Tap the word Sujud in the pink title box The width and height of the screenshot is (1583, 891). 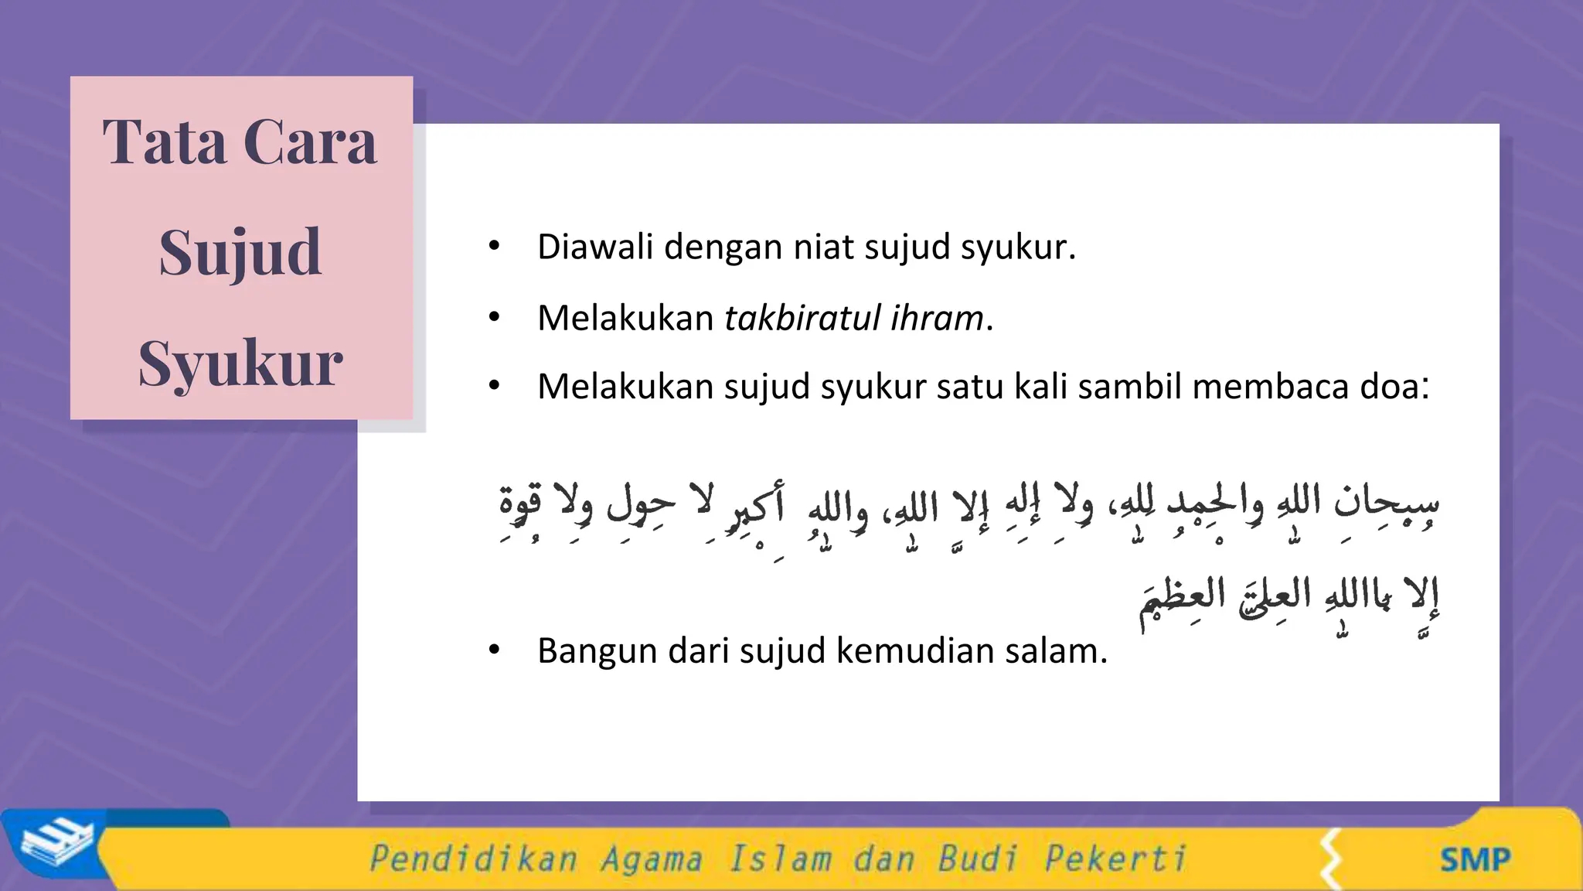coord(240,254)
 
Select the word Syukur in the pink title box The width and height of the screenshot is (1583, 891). coord(240,364)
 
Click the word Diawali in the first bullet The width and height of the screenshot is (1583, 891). coord(595,247)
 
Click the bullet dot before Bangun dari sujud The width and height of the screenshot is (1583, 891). coord(495,650)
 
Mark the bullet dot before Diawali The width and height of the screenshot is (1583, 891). coord(495,247)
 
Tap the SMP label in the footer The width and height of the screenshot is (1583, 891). coord(1475,859)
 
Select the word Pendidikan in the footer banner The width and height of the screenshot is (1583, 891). coord(473,859)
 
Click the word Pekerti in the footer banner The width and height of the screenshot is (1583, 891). coord(1115,859)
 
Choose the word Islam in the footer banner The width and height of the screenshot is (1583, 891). coord(780,859)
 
